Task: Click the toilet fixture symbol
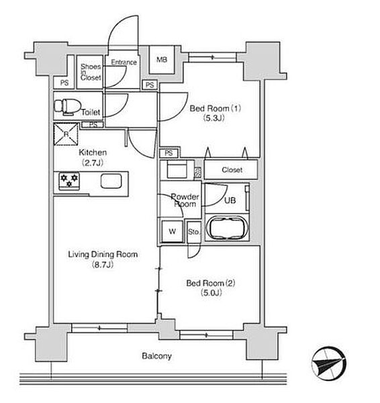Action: click(68, 106)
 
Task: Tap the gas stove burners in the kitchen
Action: click(69, 181)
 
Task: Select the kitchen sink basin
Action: click(111, 181)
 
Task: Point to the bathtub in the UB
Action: click(227, 228)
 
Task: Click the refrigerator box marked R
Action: click(66, 134)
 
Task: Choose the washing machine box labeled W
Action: click(172, 231)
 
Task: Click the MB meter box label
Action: click(162, 60)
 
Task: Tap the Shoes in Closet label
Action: click(91, 72)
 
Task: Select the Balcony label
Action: click(156, 356)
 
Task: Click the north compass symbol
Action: click(328, 363)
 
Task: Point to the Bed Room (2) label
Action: click(211, 283)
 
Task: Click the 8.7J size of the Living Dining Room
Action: click(103, 265)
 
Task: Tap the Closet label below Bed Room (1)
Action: click(232, 170)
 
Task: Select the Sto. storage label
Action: click(194, 232)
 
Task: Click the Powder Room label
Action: click(185, 200)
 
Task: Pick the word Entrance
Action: click(124, 62)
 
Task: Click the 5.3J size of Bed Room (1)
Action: click(214, 118)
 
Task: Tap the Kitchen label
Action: click(93, 152)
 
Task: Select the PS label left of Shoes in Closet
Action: click(64, 83)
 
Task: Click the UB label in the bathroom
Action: click(230, 200)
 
